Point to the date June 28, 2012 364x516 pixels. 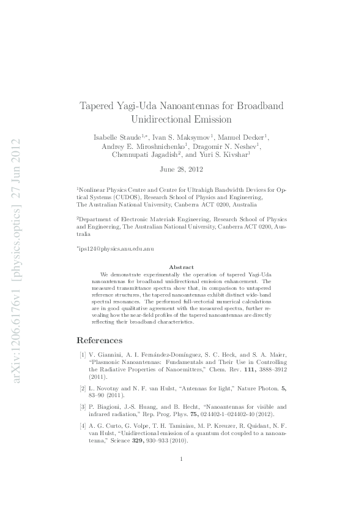pyautogui.click(x=182, y=169)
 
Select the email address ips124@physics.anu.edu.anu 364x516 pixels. pyautogui.click(x=114, y=251)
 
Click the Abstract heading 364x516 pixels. pyautogui.click(x=182, y=267)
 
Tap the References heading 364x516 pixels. pyautogui.click(x=99, y=340)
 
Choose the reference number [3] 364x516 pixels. pyautogui.click(x=82, y=406)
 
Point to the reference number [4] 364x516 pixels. pyautogui.click(x=82, y=424)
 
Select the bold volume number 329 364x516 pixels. pyautogui.click(x=128, y=441)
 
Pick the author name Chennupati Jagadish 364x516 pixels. pyautogui.click(x=143, y=156)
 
